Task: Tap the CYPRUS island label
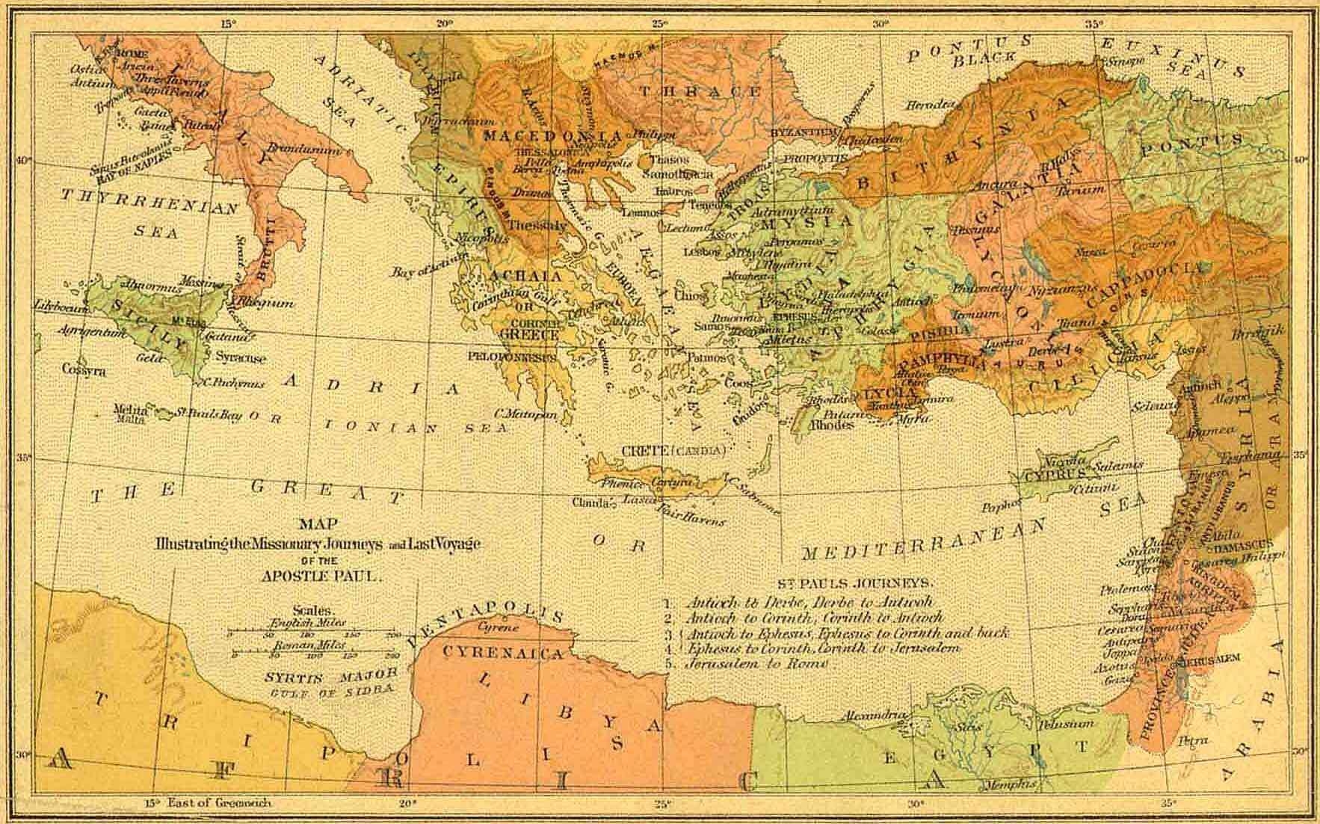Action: (1054, 476)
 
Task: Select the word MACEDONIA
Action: (552, 136)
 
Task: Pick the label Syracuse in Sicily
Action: (241, 358)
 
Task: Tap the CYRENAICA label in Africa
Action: (502, 654)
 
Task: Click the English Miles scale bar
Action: (315, 633)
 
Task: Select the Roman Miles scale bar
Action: (315, 654)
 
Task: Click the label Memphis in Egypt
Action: (1011, 784)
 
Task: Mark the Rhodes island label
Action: (833, 425)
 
